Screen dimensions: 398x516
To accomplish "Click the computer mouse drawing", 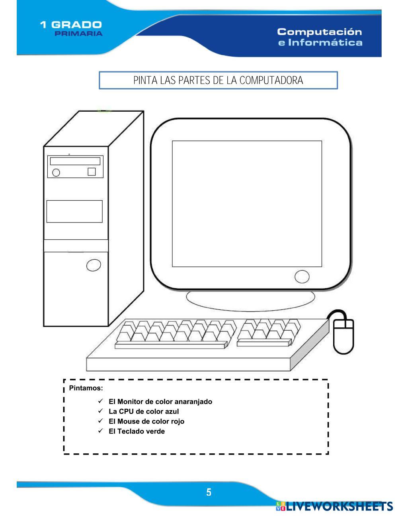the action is click(343, 337).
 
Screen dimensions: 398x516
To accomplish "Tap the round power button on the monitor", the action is click(302, 277).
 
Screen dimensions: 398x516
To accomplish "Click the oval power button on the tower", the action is click(94, 265).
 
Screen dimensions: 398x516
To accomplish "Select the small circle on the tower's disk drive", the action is click(56, 173).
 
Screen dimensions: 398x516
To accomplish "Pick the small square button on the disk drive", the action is click(92, 172).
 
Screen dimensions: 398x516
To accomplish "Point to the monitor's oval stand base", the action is click(250, 300).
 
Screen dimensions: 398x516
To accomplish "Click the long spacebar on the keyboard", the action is click(171, 345).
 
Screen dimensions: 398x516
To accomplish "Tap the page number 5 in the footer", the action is click(209, 492).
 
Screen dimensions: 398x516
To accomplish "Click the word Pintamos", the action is click(86, 388).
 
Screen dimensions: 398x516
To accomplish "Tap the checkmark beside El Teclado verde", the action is click(100, 431).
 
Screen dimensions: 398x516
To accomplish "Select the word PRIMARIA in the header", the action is click(79, 33).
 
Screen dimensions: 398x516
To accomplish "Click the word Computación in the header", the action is click(320, 32).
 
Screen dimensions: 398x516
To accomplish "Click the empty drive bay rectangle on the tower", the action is click(74, 211).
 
